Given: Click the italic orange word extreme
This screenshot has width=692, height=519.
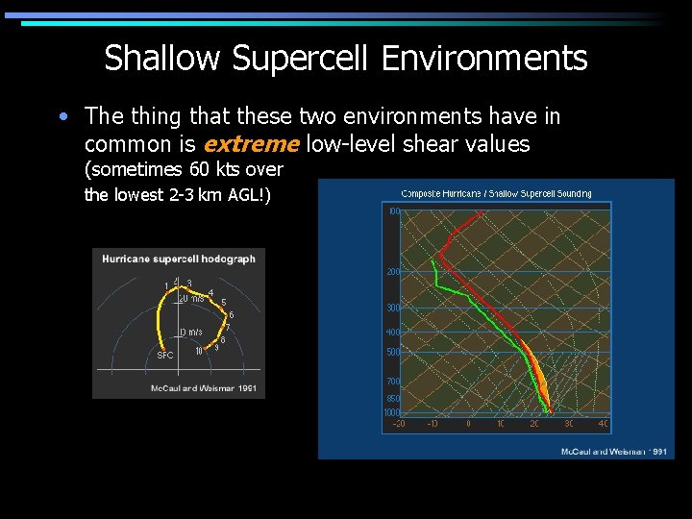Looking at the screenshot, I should click(x=251, y=144).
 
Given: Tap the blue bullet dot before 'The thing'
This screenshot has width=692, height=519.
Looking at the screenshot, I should click(x=62, y=117).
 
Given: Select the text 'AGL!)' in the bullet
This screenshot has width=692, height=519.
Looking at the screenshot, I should click(x=246, y=195).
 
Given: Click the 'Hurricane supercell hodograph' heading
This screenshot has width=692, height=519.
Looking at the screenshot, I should click(x=178, y=259).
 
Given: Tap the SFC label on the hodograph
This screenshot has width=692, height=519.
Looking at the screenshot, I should click(x=164, y=355).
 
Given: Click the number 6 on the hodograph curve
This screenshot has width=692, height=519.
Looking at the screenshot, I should click(x=231, y=315).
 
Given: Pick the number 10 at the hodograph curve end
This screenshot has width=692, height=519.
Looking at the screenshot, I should click(x=198, y=351).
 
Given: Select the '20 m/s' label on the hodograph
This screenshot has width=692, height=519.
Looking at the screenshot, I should click(x=193, y=298).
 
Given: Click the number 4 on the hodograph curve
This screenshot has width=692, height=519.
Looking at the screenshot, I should click(x=210, y=293).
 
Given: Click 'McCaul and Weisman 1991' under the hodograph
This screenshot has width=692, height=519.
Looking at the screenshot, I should click(x=203, y=388).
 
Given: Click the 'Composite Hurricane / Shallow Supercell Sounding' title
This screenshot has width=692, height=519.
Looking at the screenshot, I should click(x=496, y=193).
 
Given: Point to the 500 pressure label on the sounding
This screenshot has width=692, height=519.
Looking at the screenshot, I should click(x=393, y=353).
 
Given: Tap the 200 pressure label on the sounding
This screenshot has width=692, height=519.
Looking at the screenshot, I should click(x=393, y=272).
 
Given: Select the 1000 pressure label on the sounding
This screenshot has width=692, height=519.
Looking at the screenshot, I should click(x=391, y=412).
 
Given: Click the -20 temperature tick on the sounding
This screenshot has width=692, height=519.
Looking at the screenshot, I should click(x=398, y=423).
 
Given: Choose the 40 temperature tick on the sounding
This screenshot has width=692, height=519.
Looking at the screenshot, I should click(x=603, y=423).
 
